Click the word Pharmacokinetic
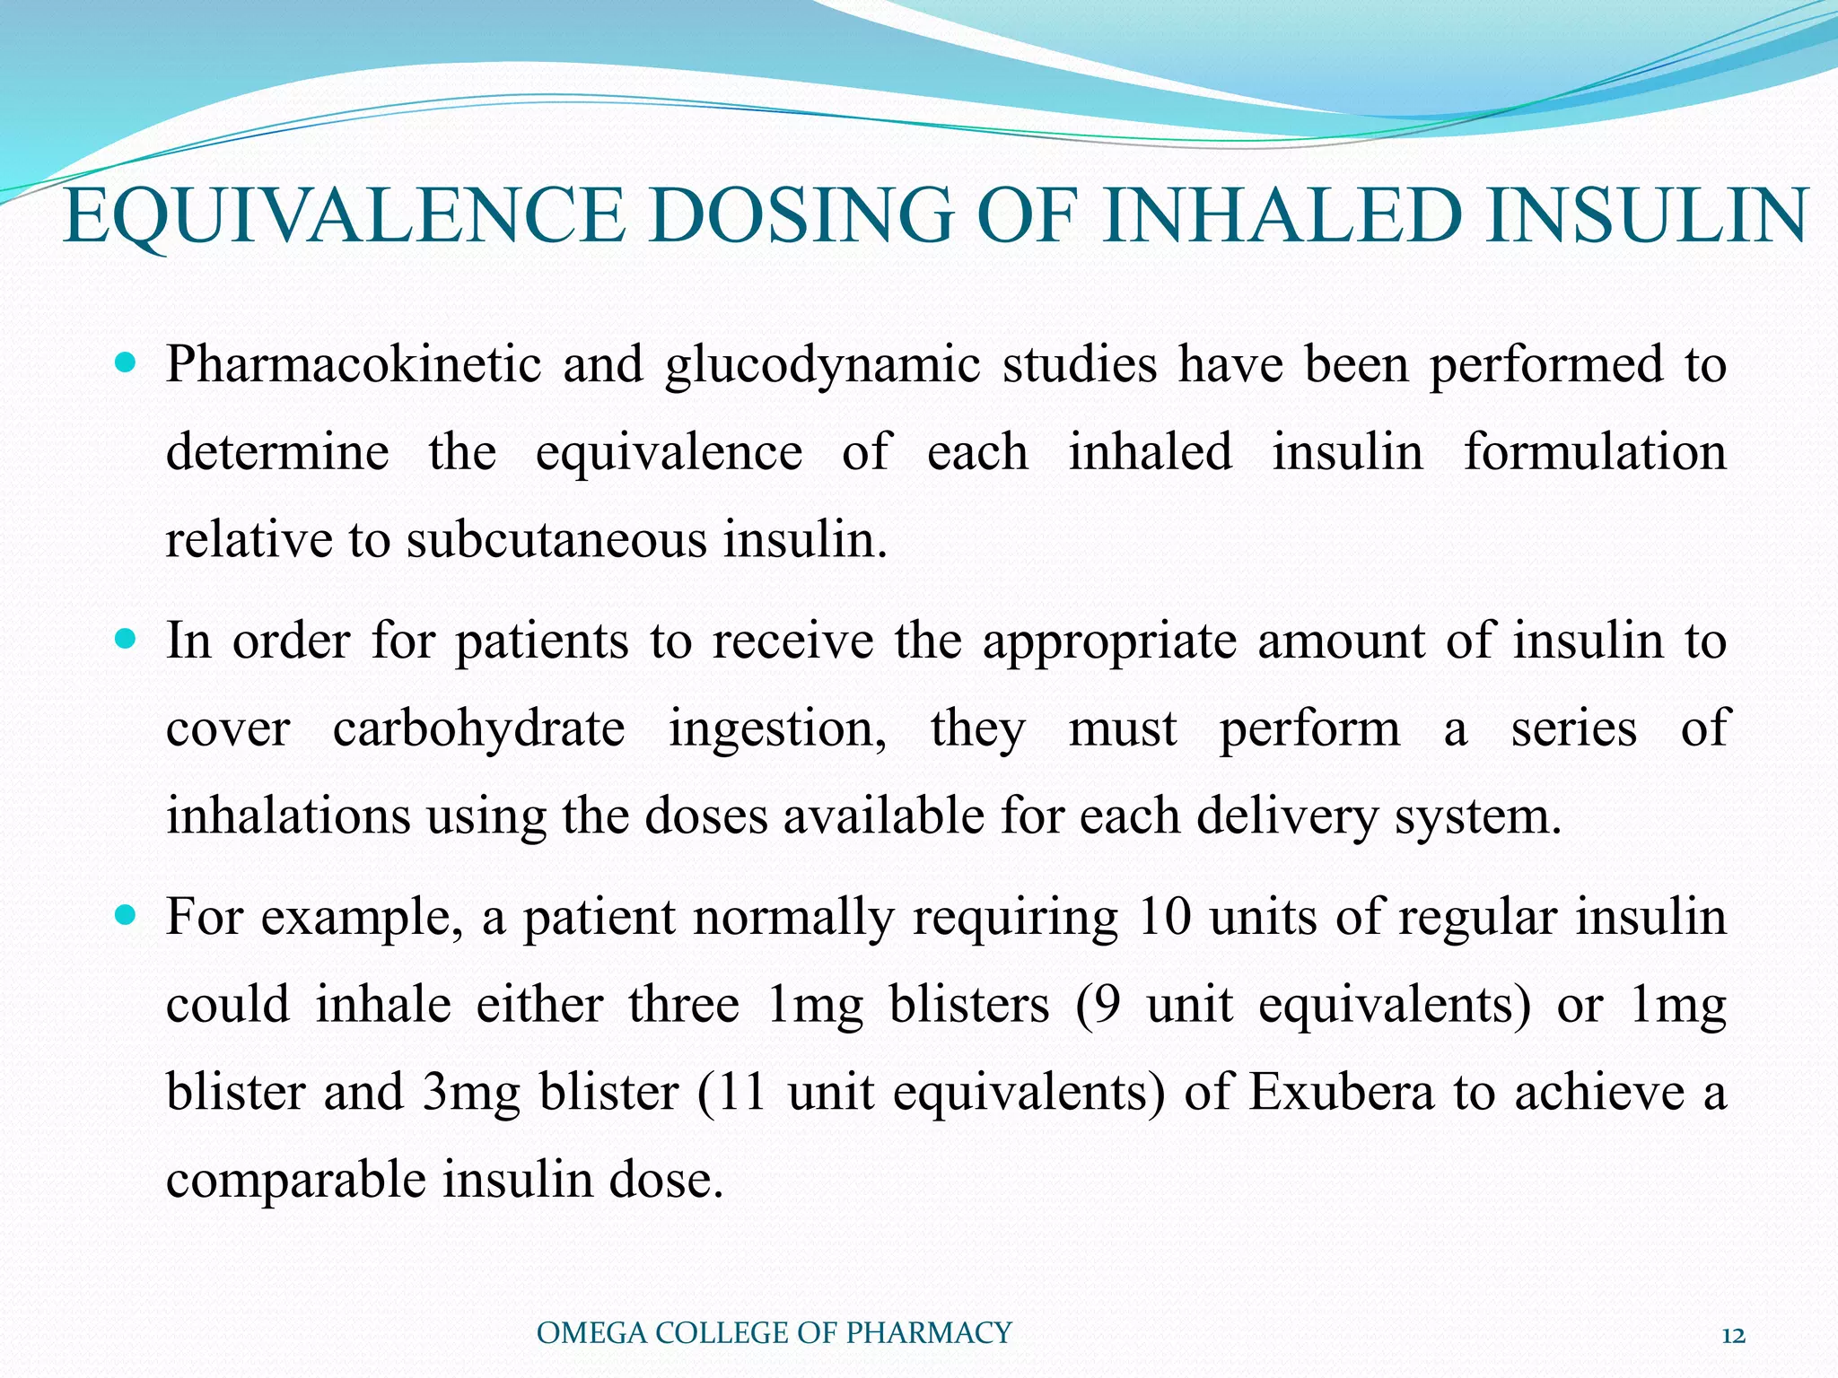pos(354,366)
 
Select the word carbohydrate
pos(478,728)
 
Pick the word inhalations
pos(286,815)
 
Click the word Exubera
pos(1341,1093)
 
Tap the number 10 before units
pos(1162,917)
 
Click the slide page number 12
pos(1734,1335)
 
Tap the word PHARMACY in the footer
pos(929,1333)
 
